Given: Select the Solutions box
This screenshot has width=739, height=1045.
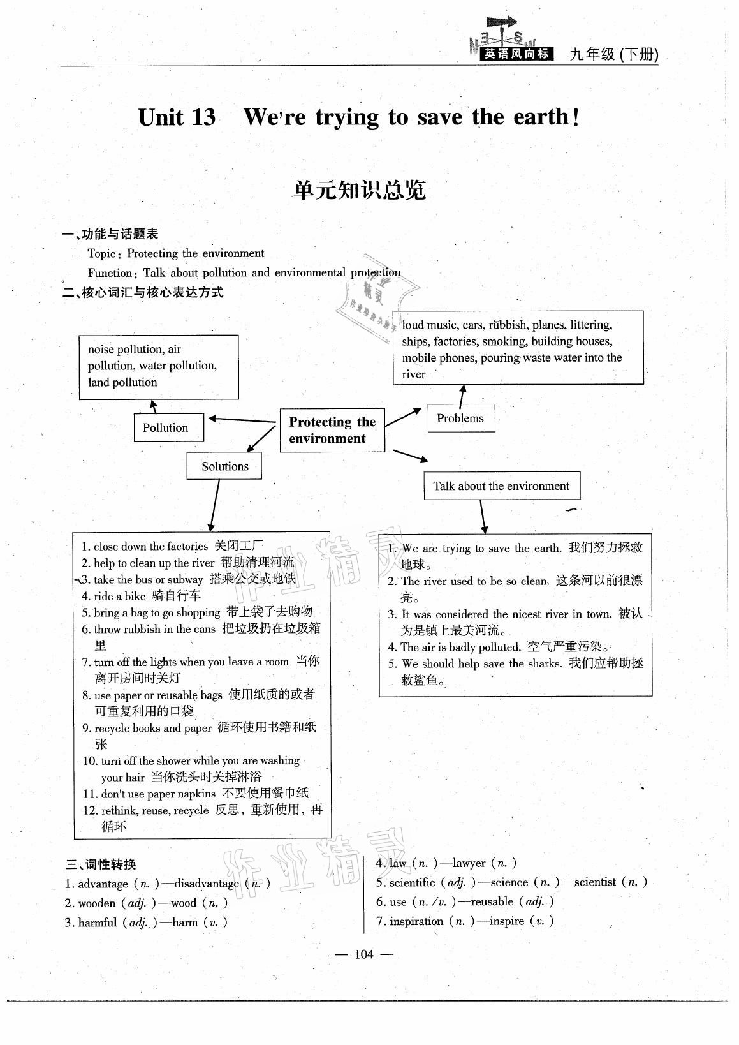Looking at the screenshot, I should coord(224,466).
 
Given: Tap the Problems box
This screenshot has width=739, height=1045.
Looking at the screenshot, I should coord(460,419).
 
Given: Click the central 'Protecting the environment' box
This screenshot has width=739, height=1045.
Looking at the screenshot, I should coord(332,431).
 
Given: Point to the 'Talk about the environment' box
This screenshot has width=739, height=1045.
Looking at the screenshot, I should coord(501,486).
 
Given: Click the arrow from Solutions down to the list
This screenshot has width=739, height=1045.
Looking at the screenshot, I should coord(214,505).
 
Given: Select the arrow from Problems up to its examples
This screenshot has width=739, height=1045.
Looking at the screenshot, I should coord(462,394).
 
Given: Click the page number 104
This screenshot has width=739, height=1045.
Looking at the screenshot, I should coord(363,954).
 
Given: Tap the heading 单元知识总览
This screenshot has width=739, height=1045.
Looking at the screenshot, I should coord(360,190).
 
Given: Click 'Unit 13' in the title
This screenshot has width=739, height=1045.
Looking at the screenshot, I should coord(177,117).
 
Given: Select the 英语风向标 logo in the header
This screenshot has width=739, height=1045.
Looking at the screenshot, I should coord(516,54).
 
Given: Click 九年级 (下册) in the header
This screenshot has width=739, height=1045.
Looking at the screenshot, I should coord(613,55).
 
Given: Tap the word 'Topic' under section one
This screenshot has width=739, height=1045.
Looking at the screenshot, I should coord(102,254).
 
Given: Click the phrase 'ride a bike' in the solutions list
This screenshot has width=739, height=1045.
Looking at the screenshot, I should coord(120,597).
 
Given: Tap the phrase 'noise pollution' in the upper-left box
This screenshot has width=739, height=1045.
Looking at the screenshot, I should coord(125,350).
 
